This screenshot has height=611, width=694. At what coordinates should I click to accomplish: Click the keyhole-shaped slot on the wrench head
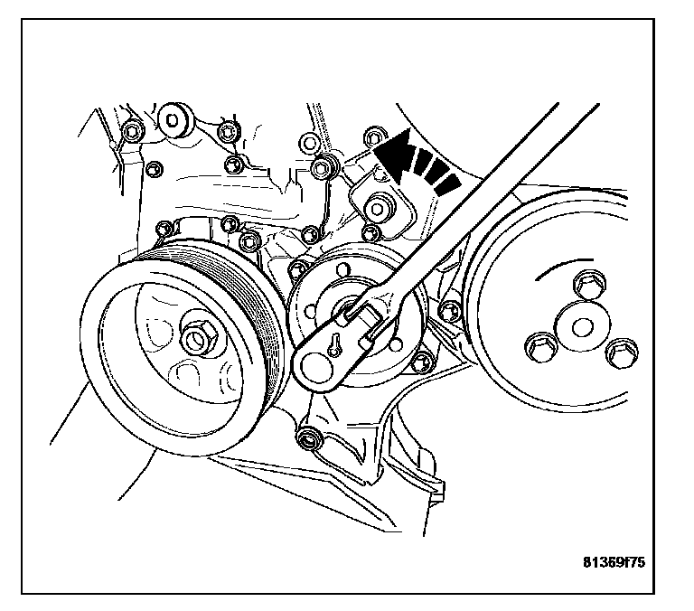[x=335, y=343]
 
